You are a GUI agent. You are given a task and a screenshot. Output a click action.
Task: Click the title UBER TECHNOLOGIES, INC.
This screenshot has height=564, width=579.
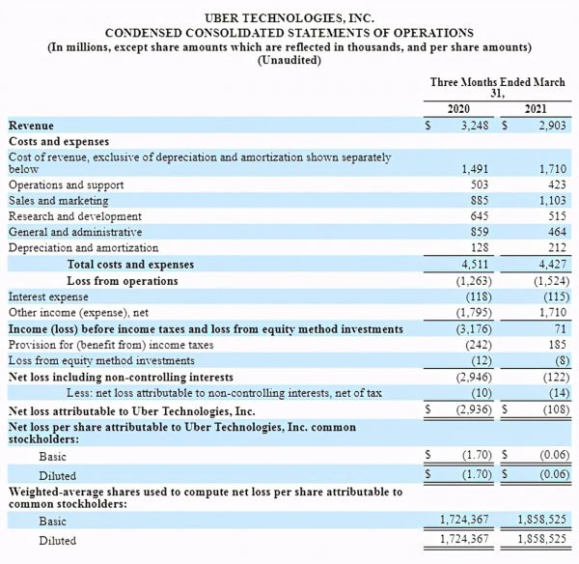pos(289,18)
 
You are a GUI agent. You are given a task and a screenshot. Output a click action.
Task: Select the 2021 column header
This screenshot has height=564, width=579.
pos(536,109)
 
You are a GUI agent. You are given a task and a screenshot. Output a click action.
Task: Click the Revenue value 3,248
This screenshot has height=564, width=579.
pos(477,127)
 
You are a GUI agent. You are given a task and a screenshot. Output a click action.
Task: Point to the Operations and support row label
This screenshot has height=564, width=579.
pos(66,185)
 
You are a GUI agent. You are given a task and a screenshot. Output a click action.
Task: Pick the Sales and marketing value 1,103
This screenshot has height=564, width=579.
pos(547,201)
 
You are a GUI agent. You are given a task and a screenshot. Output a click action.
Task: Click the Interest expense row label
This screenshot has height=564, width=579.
pos(49,296)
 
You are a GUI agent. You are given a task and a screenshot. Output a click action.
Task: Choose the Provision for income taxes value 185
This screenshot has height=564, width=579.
pos(554,345)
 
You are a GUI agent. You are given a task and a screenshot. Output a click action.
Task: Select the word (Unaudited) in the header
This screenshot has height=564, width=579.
pos(289,61)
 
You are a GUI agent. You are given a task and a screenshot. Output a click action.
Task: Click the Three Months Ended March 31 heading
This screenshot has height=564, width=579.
pos(497,88)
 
